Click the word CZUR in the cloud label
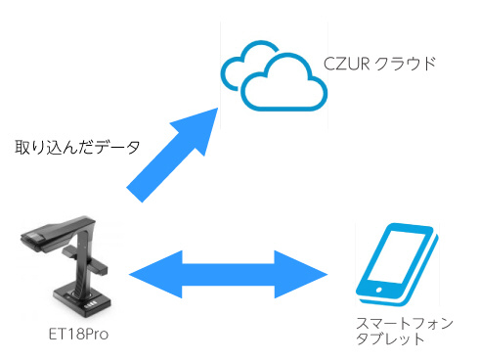coord(346,64)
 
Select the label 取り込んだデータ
coord(77,147)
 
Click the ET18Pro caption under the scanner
coord(78,334)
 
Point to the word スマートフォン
coord(405,323)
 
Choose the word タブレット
coord(390,338)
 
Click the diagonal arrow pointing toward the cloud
coord(172,156)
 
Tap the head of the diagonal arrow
coord(198,128)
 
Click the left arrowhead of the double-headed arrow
coord(155,274)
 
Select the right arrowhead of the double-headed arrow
coord(301,274)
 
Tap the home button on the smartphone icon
coord(379,290)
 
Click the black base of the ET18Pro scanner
coord(83,300)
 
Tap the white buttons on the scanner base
coord(92,306)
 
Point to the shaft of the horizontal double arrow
coord(229,274)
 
